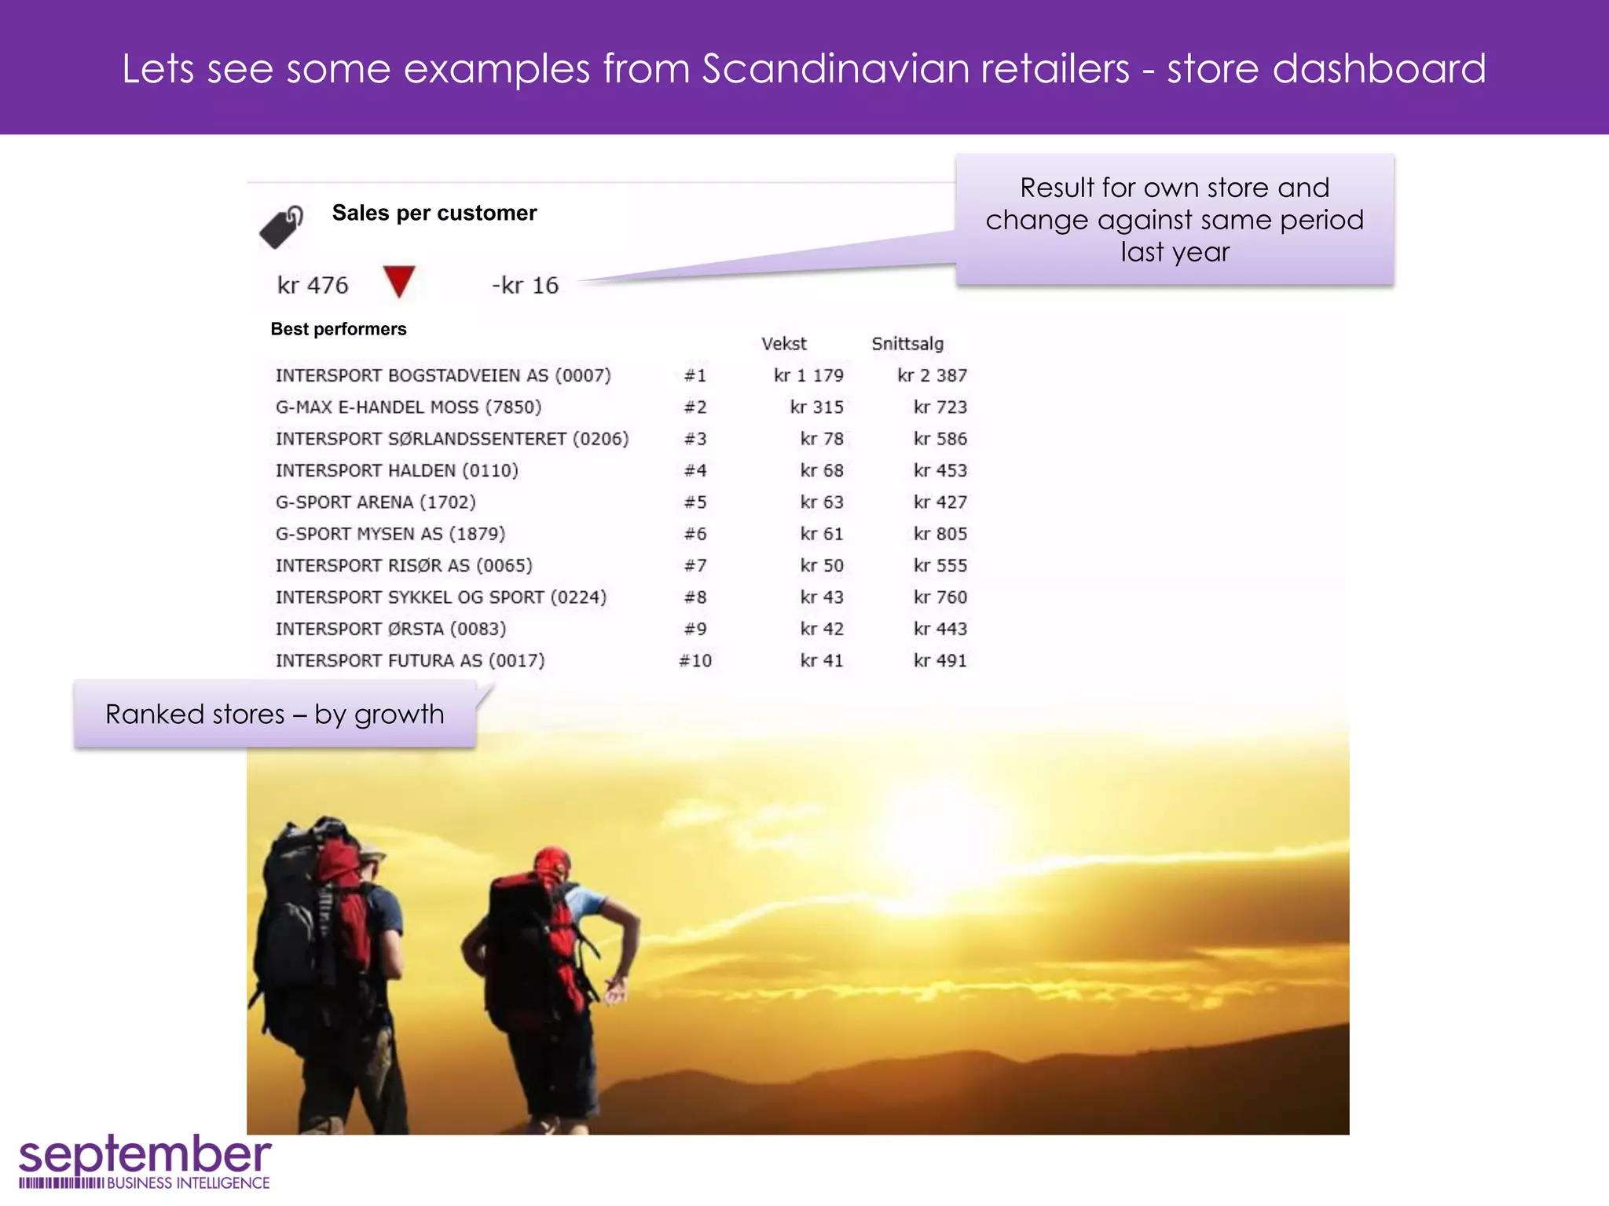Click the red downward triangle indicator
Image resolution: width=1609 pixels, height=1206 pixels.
coord(399,281)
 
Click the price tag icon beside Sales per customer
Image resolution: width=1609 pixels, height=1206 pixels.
coord(281,228)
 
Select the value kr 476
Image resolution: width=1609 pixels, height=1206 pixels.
coord(313,285)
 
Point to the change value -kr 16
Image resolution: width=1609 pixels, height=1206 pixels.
coord(525,285)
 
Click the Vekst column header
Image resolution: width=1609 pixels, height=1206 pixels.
coord(783,344)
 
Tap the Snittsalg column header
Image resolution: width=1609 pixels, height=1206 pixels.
coord(907,344)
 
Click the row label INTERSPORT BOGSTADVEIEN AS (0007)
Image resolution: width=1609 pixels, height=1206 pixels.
coord(443,375)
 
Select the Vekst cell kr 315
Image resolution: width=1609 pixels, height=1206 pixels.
coord(816,407)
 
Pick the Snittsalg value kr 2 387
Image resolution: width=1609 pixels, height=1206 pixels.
coord(932,375)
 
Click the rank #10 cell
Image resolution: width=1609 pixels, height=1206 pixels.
coord(695,660)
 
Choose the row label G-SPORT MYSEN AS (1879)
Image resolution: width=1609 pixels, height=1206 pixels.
coord(390,534)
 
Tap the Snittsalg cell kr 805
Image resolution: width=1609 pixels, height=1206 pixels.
coord(940,534)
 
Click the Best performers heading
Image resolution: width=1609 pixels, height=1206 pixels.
coord(339,329)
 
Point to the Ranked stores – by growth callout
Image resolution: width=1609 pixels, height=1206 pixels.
coord(275,714)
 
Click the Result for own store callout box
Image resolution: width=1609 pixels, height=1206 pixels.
coord(1175,220)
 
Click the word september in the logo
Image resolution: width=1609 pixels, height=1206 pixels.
coord(145,1156)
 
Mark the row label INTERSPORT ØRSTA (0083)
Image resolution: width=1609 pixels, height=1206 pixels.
coord(390,629)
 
